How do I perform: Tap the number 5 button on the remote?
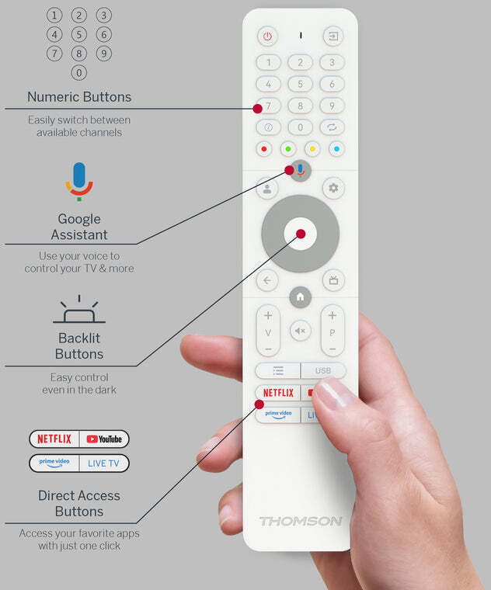[300, 84]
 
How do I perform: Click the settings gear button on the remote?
[333, 188]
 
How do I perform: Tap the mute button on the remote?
[300, 331]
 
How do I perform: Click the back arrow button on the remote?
[267, 280]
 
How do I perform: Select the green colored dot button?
[288, 149]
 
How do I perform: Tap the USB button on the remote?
[323, 370]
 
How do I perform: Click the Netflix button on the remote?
[278, 393]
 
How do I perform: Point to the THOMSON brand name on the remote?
[301, 521]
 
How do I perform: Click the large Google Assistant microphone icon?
[79, 182]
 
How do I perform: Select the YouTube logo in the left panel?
[104, 439]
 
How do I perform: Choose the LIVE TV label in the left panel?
[103, 463]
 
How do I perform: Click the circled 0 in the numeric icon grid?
[79, 73]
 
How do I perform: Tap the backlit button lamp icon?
[79, 309]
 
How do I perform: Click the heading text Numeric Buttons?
[79, 97]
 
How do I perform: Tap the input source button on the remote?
[333, 36]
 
